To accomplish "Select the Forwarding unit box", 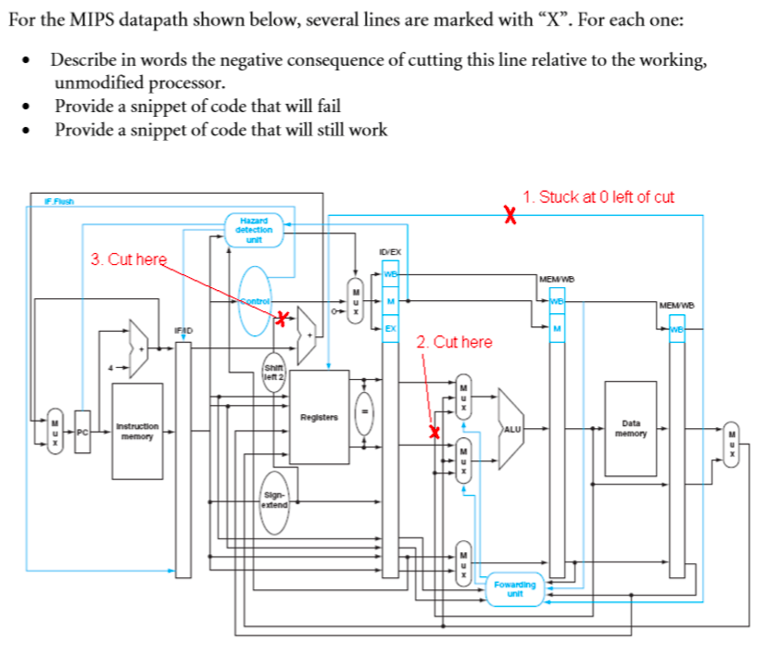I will tap(515, 589).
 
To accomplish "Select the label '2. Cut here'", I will tap(454, 343).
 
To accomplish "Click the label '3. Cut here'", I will tap(128, 259).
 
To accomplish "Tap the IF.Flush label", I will tap(59, 200).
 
